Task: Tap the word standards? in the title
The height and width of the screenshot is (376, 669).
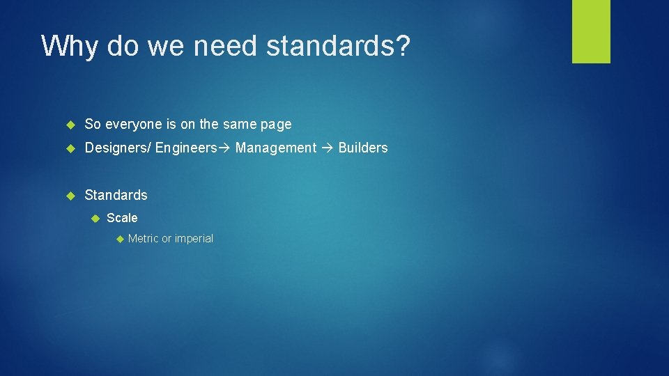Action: [338, 46]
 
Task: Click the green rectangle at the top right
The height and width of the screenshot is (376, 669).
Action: [591, 31]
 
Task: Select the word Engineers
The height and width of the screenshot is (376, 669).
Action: [186, 148]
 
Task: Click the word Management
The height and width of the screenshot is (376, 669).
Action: [276, 148]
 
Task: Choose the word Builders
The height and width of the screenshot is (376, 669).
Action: [363, 148]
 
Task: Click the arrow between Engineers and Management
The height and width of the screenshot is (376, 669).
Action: [225, 148]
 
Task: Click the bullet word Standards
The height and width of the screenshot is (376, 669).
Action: [116, 195]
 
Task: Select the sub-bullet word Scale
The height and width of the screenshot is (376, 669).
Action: [122, 218]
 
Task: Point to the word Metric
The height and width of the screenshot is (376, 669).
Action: [144, 239]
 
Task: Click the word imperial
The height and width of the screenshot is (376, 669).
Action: [194, 239]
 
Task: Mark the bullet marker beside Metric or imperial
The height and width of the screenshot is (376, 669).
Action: [119, 239]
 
